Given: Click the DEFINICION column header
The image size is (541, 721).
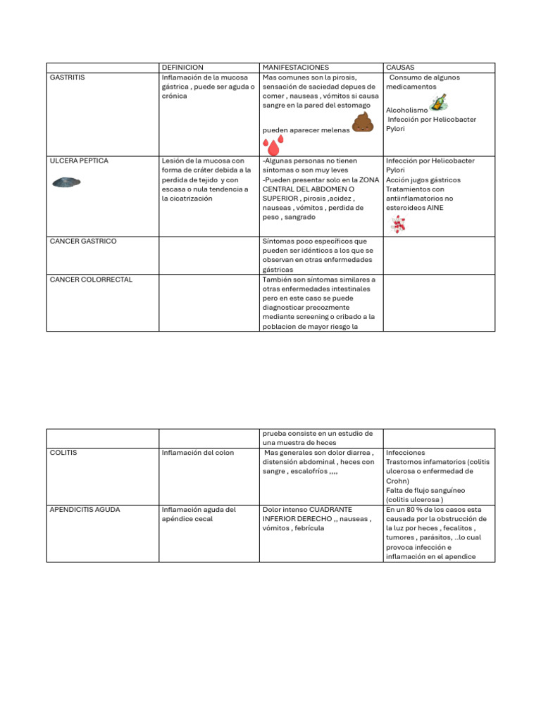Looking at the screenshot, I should tap(182, 68).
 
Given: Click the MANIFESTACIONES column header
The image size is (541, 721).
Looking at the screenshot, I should tap(295, 68).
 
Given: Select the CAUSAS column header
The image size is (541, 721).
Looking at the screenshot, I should tap(400, 68).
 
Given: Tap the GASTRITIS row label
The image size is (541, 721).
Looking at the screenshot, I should tap(68, 77).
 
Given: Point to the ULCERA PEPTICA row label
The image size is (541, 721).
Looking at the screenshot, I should tap(79, 161).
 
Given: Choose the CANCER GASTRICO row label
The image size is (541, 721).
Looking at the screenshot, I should tap(83, 242).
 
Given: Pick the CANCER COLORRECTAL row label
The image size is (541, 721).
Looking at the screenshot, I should tap(91, 280).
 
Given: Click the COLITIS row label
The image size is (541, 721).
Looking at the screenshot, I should tap(63, 453).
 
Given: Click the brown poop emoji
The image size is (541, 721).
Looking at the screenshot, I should tap(362, 122).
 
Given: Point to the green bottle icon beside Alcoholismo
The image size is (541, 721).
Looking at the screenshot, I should tap(438, 104).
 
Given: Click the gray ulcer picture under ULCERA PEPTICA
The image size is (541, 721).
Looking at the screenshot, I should tap(66, 182).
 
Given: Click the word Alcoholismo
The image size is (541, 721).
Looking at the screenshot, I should tap(406, 111).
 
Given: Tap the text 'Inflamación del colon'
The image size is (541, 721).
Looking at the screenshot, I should tap(197, 453).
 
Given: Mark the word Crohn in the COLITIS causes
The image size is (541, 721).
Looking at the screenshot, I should tap(397, 481).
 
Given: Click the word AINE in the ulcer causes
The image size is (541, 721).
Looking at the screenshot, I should tap(435, 208).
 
